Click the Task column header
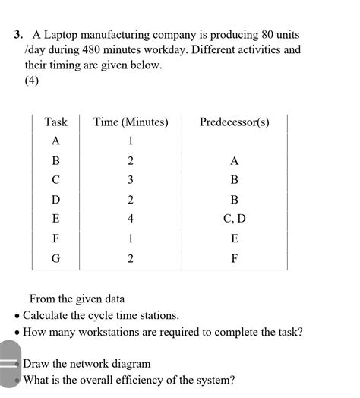55,122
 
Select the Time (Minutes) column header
131,122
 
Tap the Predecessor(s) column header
234,122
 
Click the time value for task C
131,180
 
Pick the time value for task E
131,219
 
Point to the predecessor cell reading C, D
234,219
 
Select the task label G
55,258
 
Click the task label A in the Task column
55,141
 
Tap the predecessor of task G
234,258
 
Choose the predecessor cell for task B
234,160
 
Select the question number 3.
17,35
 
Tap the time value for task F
131,238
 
